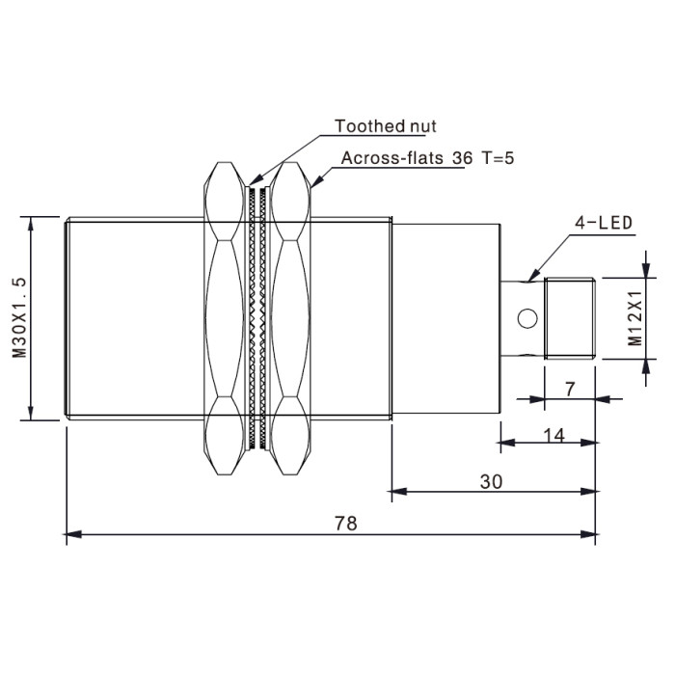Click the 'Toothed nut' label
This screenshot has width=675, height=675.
(386, 126)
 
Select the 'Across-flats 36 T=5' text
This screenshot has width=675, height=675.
(427, 158)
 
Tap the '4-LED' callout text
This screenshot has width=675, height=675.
(604, 223)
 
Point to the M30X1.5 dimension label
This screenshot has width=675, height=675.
(19, 317)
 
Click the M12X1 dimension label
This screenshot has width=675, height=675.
(634, 318)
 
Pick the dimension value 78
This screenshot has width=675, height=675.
(346, 524)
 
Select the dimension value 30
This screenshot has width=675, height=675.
(491, 482)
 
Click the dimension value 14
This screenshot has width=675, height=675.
(554, 436)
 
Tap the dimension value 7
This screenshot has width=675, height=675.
(570, 390)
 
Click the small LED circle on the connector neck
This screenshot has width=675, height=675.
(527, 318)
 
